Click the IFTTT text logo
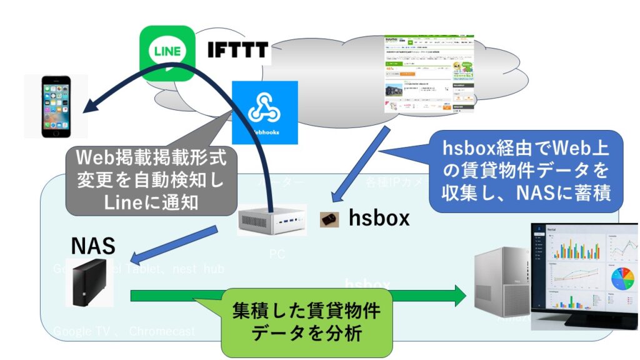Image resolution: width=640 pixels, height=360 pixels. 238,50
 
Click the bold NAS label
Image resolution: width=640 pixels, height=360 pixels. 92,246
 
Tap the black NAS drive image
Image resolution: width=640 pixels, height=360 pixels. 89,283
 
